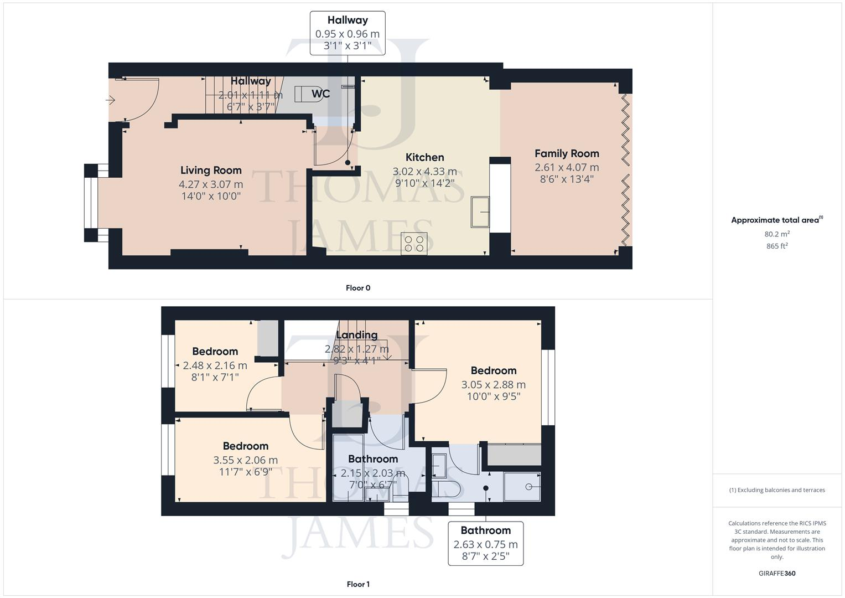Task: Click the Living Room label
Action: [211, 171]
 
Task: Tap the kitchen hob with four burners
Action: [414, 244]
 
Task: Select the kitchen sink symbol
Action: [480, 212]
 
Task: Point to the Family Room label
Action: [567, 153]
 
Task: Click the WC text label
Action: [320, 94]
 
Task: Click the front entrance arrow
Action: [111, 100]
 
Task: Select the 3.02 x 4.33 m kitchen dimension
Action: [424, 172]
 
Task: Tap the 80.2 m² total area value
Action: [777, 234]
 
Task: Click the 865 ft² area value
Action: [777, 246]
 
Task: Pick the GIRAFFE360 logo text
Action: [777, 573]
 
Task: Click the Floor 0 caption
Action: [358, 288]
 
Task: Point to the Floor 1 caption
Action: [358, 584]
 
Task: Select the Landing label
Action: [357, 335]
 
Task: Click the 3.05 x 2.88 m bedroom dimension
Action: [494, 385]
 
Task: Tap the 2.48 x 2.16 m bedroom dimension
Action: [215, 365]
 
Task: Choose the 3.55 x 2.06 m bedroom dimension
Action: [245, 460]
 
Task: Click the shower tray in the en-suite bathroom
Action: [522, 487]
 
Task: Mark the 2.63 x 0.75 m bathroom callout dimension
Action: [485, 544]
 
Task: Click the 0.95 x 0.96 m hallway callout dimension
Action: [348, 34]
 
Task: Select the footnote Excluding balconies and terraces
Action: [777, 490]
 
